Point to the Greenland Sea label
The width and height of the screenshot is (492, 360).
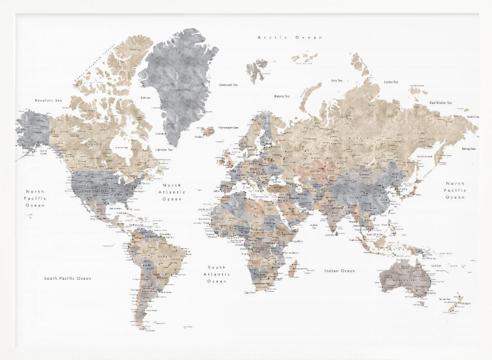[228, 85]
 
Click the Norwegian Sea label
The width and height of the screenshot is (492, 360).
[228, 127]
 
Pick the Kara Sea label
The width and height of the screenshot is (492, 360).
[337, 80]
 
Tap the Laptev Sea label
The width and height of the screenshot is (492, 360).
[391, 82]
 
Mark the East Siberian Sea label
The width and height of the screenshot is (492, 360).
[441, 102]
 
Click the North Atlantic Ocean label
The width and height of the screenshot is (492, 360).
[172, 192]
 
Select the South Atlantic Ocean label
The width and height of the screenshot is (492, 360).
[216, 274]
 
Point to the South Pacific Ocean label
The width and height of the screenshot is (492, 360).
[67, 278]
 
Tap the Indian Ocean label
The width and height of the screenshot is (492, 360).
[339, 271]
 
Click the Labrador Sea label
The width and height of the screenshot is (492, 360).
[164, 150]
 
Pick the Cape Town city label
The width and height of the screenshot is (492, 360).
[250, 293]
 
